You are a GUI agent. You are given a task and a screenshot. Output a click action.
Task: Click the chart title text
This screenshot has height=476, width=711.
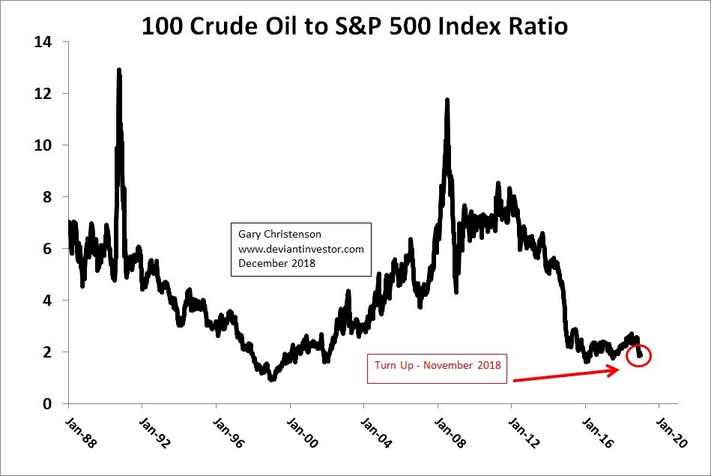coord(355,27)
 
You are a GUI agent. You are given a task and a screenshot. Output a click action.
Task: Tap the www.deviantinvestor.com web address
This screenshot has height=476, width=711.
coord(300,249)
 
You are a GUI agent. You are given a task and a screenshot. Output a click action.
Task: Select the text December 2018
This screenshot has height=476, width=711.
coord(276,264)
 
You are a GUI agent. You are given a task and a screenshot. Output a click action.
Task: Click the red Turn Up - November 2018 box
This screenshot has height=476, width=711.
coord(436,367)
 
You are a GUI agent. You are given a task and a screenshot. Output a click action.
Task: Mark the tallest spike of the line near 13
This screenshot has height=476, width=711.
coord(119,71)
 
